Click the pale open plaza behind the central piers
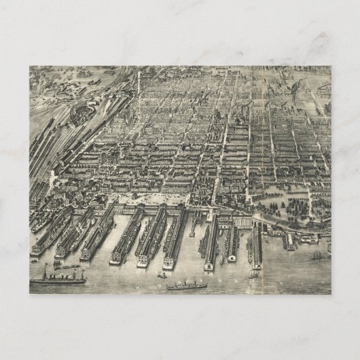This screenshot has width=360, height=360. coord(153,199)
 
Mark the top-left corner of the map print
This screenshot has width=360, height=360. coord(31,67)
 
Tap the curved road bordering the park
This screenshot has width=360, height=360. coord(272,217)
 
